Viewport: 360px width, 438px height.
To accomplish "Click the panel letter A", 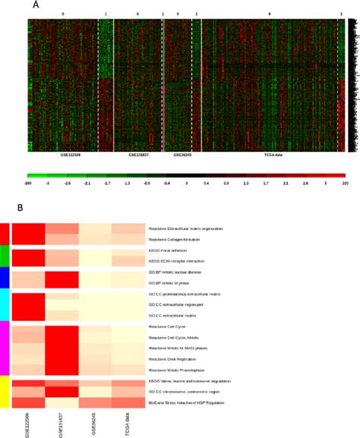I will [x=36, y=5].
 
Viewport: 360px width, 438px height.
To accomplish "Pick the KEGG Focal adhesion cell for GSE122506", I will [x=28, y=250].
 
